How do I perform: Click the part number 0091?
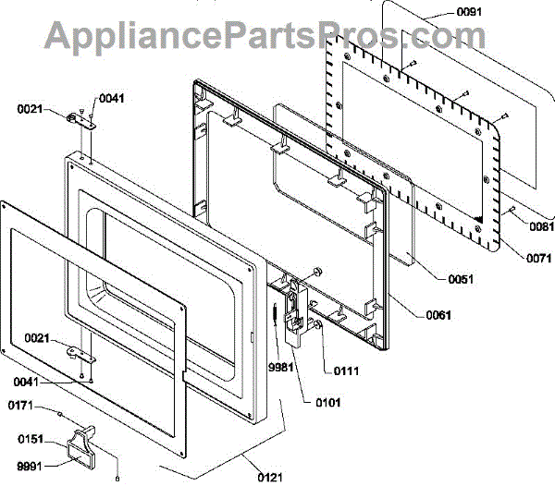click(469, 13)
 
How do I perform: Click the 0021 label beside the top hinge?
click(31, 109)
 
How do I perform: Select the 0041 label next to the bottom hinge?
click(27, 382)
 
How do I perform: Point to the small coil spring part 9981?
click(276, 315)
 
